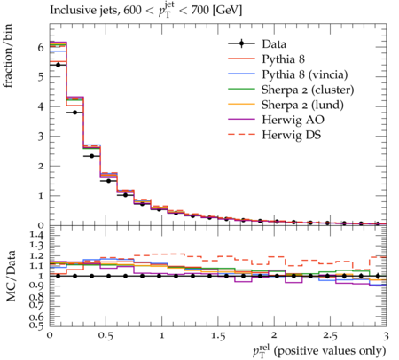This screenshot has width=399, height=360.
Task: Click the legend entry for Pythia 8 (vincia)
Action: (x=305, y=74)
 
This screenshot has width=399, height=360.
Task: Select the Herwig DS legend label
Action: (x=292, y=135)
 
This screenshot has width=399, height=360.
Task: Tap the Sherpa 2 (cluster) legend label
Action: (x=308, y=90)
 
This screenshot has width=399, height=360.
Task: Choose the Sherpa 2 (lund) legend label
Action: (x=302, y=105)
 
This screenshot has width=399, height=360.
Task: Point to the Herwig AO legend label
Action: (x=293, y=120)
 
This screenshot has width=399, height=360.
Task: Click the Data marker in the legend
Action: (x=241, y=43)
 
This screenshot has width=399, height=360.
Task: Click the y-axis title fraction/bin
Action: (x=8, y=56)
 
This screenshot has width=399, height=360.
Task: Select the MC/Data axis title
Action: (x=11, y=276)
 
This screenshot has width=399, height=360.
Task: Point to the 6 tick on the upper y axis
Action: (x=41, y=47)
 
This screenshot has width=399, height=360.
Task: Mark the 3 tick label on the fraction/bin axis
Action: (x=41, y=137)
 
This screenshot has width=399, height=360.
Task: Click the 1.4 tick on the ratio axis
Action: (x=36, y=235)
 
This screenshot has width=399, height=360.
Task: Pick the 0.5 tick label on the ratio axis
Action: (x=36, y=325)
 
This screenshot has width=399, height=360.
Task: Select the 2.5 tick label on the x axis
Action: (x=330, y=336)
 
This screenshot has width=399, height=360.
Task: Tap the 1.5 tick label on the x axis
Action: (x=218, y=336)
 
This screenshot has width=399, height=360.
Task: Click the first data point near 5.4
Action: (x=58, y=65)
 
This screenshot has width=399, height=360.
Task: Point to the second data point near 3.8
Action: (x=74, y=113)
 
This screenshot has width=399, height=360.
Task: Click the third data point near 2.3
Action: (x=91, y=156)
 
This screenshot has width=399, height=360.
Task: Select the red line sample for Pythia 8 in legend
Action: (x=241, y=59)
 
